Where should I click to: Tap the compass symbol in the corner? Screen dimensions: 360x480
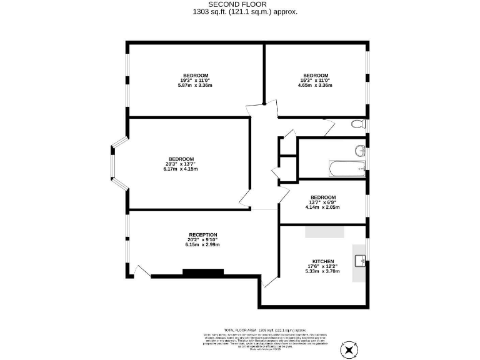[347, 347]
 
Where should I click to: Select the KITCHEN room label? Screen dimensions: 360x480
[323, 261]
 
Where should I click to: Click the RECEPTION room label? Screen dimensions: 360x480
[202, 234]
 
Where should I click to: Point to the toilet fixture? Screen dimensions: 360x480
[358, 124]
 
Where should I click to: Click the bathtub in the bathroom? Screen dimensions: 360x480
[347, 169]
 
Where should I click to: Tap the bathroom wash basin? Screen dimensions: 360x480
[361, 151]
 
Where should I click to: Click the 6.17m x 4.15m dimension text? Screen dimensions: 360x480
[181, 169]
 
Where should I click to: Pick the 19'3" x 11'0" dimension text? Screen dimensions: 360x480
[195, 81]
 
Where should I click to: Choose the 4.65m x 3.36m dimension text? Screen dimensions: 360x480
[315, 85]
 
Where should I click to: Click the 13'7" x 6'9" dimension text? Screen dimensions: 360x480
[323, 202]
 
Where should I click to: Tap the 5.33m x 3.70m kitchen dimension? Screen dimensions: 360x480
[323, 272]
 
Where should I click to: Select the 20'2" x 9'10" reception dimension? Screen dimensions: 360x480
[202, 239]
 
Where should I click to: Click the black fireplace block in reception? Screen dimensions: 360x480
[202, 272]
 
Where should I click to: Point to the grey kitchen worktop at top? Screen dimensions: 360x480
[324, 232]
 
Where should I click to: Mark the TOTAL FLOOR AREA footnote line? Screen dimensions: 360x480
[266, 329]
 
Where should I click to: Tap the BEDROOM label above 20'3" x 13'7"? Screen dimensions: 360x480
[181, 159]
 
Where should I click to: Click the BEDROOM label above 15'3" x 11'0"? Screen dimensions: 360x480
[315, 76]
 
